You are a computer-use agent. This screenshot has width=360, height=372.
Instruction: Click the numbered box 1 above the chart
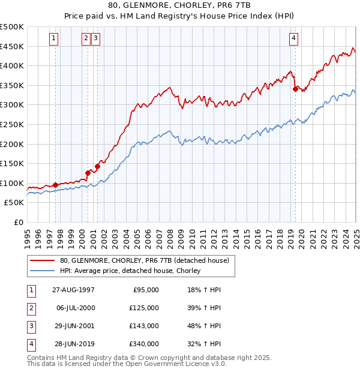click(x=54, y=38)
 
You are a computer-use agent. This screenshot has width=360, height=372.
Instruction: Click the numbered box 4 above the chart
click(x=293, y=38)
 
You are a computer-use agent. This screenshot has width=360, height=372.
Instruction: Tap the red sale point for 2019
click(x=295, y=89)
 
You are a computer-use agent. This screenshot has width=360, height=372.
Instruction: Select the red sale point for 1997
click(x=56, y=185)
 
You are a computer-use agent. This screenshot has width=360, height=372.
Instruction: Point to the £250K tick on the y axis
click(x=13, y=124)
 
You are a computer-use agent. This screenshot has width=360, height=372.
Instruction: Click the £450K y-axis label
click(x=13, y=46)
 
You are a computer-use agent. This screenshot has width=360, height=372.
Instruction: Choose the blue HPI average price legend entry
click(x=130, y=271)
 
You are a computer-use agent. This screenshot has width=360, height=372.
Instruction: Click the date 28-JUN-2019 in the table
click(x=73, y=344)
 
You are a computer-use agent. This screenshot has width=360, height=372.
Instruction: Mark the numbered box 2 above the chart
click(x=86, y=38)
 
